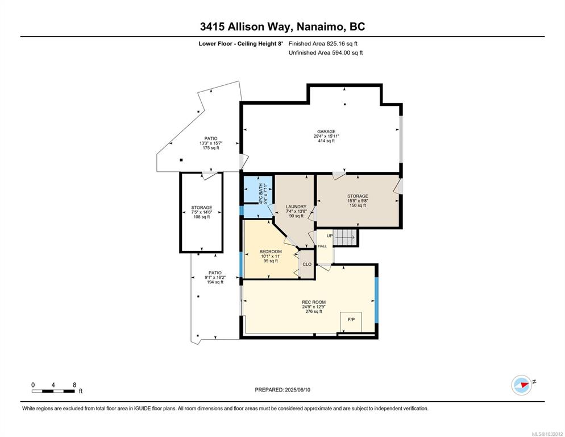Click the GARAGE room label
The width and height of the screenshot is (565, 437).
coord(326,131)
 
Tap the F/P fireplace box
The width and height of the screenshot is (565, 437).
coord(351,321)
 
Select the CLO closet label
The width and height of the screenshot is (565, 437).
coord(307,264)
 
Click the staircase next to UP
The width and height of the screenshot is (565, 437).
coord(345,237)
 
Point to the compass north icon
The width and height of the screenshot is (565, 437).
coord(521,385)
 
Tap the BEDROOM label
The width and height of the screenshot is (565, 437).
coord(271,252)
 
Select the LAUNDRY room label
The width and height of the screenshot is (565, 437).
coord(296,207)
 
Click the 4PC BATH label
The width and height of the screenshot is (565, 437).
coord(261,194)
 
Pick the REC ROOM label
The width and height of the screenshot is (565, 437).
coord(314,302)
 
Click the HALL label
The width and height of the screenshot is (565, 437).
coord(322,246)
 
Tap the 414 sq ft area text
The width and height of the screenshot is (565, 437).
coord(326,141)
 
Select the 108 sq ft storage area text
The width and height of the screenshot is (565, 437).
coord(202,217)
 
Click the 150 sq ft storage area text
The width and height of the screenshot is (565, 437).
coord(358,205)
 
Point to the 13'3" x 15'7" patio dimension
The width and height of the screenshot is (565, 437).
coord(211,143)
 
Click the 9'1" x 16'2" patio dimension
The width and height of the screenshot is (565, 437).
coord(215,278)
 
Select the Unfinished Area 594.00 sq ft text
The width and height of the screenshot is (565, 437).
coord(326,53)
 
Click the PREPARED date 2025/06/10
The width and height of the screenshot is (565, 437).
coord(298,390)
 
